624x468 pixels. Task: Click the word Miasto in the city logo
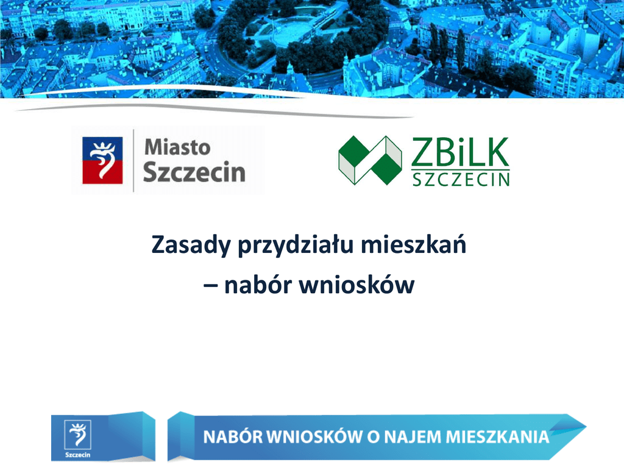(x=177, y=147)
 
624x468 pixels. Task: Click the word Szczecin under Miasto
(x=194, y=172)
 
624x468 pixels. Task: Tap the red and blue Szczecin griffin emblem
(x=102, y=160)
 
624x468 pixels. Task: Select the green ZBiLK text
(x=460, y=152)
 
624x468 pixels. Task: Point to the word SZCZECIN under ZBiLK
(x=461, y=180)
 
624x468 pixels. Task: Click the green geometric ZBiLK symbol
(x=370, y=160)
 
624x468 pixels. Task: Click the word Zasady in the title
(x=191, y=245)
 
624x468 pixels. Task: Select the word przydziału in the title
(x=296, y=245)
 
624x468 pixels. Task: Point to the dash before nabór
(x=210, y=286)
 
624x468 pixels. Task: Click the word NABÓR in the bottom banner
(x=233, y=436)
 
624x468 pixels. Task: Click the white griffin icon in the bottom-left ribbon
(x=77, y=434)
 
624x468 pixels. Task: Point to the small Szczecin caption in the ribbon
(x=77, y=455)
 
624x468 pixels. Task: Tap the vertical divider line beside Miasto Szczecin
(x=133, y=160)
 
